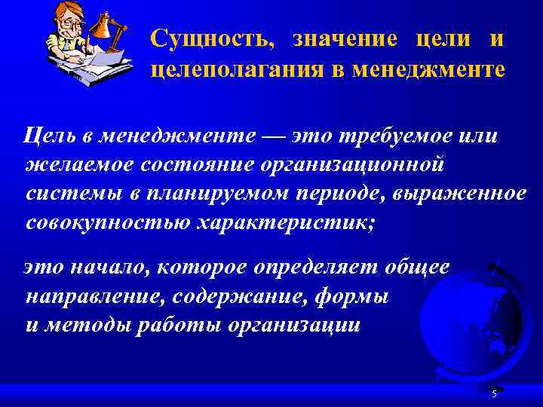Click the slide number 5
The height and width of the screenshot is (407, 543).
(494, 394)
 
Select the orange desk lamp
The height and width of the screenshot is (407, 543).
(104, 30)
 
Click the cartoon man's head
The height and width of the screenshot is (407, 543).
(68, 23)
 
